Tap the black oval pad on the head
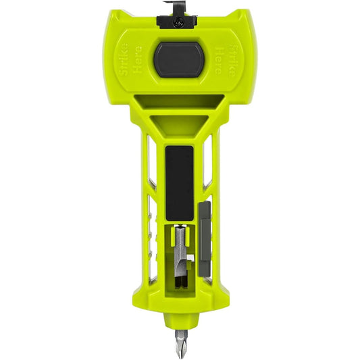coord(180,59)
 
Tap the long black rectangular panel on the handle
coord(179,182)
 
